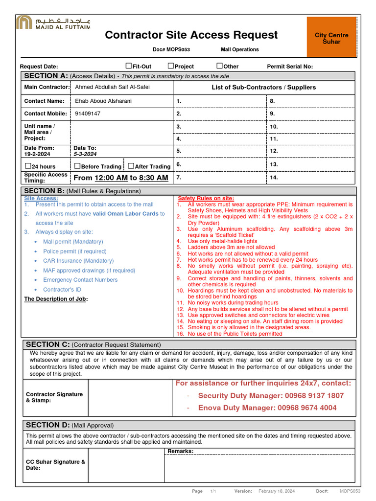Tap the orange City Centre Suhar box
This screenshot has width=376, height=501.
(331, 37)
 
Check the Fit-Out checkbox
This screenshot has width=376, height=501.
(129, 66)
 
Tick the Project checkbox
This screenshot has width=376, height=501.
(171, 66)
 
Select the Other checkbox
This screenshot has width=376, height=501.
(219, 66)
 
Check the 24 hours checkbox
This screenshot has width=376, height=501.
(28, 166)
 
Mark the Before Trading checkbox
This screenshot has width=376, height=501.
(77, 166)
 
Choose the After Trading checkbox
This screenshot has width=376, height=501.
(131, 166)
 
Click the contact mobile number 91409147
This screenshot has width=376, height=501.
(88, 114)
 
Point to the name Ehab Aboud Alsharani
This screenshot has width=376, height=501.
(103, 101)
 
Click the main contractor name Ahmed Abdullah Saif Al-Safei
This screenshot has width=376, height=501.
(112, 87)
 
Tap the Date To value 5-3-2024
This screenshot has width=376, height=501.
(85, 154)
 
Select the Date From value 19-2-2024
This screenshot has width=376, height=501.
(38, 154)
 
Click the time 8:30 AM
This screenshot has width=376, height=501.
(153, 178)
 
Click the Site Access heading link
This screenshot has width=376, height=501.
(41, 198)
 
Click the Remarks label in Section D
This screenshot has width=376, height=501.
(181, 451)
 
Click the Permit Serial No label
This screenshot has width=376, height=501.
(290, 67)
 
